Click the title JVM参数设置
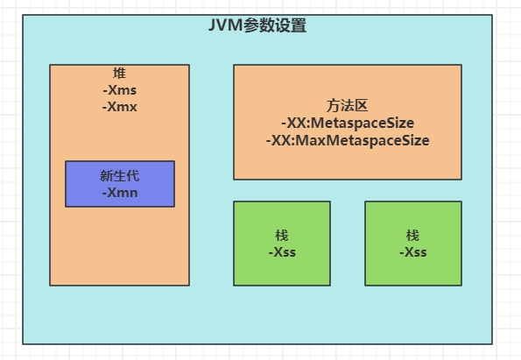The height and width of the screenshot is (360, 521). [x=257, y=25]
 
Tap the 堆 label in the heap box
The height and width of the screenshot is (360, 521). [x=119, y=73]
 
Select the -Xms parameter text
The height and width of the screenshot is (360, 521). [x=120, y=90]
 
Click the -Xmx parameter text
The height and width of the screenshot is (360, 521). [x=120, y=107]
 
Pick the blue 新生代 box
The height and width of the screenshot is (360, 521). [x=120, y=184]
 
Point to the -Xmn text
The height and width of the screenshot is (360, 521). [x=120, y=193]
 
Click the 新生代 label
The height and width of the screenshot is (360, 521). [x=120, y=176]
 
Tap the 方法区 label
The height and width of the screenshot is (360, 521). [x=348, y=106]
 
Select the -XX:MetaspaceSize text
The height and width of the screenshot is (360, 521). [x=348, y=123]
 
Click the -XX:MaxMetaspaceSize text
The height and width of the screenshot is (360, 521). [x=348, y=140]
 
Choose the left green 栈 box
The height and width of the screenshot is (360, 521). [x=282, y=244]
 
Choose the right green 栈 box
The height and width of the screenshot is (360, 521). [x=413, y=244]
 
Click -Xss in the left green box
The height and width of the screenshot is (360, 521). [x=282, y=252]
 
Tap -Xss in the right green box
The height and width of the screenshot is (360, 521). [x=413, y=252]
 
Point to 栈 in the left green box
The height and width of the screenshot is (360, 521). [x=282, y=236]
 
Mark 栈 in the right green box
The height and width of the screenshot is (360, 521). [x=412, y=236]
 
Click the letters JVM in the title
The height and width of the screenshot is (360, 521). [x=226, y=25]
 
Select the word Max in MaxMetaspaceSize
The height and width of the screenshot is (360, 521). [x=310, y=140]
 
